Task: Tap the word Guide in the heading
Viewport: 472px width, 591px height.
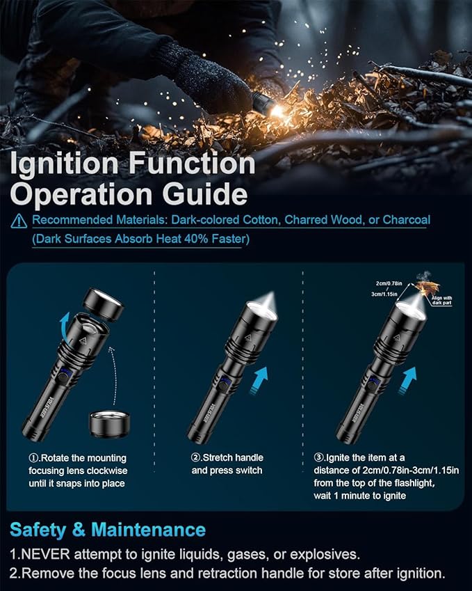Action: coord(208,194)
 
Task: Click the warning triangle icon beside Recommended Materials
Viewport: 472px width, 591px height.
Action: coord(19,221)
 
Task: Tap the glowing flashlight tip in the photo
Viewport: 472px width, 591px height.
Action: coord(277,110)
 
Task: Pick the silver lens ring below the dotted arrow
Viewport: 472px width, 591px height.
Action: coord(110,423)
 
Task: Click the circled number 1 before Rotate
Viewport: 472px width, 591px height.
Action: coord(35,458)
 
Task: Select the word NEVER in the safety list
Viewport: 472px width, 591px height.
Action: coord(46,555)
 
